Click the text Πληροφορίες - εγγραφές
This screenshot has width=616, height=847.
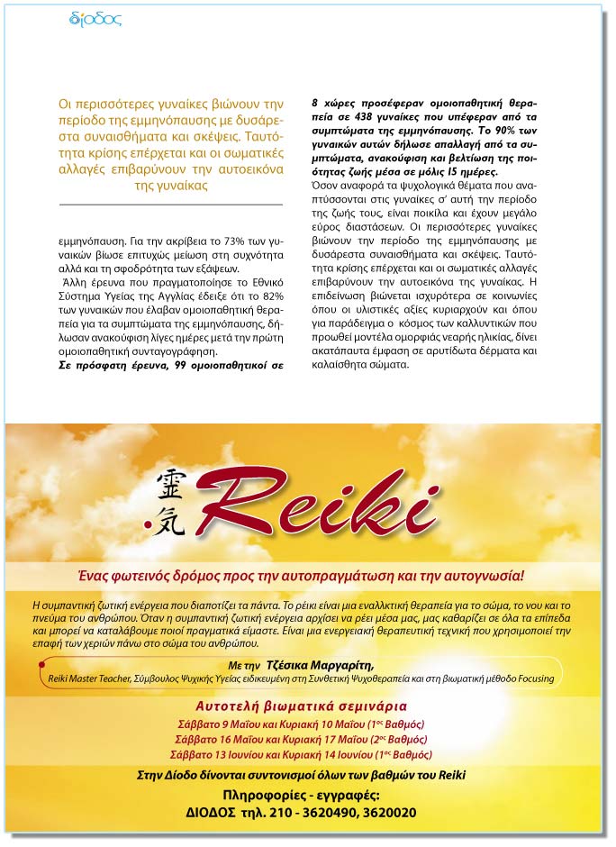301,795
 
